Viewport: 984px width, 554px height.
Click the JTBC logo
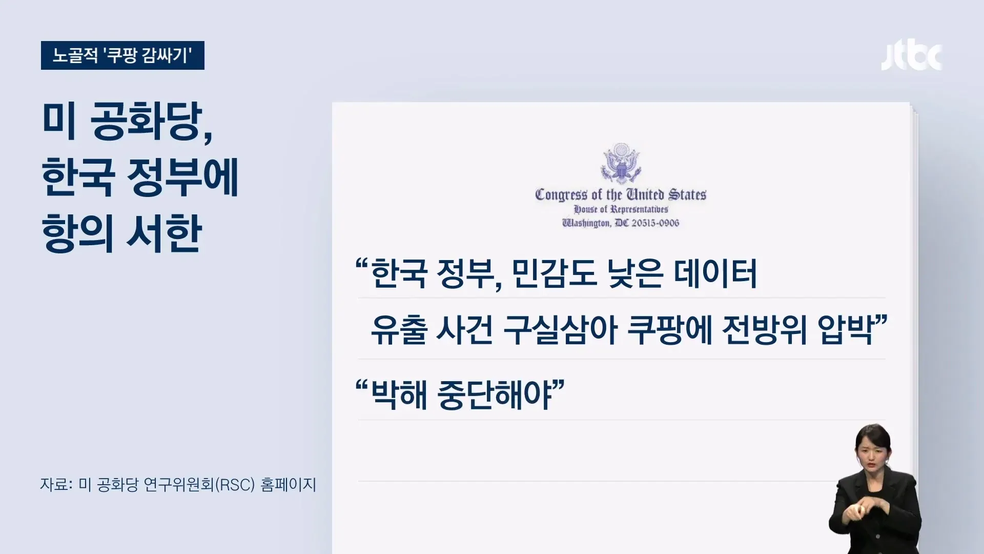(x=911, y=56)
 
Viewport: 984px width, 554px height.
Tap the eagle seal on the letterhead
(x=621, y=163)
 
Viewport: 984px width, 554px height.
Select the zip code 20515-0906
(x=655, y=223)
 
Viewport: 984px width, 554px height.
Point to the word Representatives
(x=639, y=209)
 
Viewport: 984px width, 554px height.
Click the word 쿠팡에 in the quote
(x=669, y=331)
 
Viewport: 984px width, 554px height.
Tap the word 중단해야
(x=494, y=395)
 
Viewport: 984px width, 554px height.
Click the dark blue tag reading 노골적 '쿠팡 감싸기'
(x=122, y=55)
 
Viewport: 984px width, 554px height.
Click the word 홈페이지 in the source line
(x=289, y=485)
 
